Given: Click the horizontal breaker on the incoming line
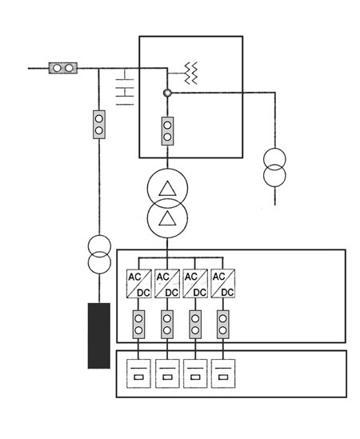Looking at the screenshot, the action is tap(63, 68).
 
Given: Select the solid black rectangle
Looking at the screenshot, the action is tap(99, 336).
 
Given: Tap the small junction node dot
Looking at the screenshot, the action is tap(167, 93).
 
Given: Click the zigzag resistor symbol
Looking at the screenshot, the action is tap(191, 74).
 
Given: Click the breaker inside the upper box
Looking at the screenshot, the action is tap(167, 131).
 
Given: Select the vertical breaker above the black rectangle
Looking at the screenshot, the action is tap(99, 124).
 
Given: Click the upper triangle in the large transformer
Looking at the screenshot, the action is tap(167, 189).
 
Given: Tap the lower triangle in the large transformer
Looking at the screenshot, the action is tap(167, 218).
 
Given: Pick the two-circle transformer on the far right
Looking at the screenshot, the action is tap(274, 167).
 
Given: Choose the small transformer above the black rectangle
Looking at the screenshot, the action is tap(99, 254).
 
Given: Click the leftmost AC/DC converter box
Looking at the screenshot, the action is tap(138, 284).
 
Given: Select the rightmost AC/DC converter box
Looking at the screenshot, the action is tap(223, 283).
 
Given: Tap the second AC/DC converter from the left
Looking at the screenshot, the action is tap(167, 284).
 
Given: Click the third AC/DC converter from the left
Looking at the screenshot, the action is tap(195, 283).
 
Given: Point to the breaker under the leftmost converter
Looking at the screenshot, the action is tap(138, 325).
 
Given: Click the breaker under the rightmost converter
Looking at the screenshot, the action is tap(223, 325).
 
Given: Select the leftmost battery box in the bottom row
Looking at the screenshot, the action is tap(138, 373).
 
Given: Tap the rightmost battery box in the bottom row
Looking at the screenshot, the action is tap(223, 373).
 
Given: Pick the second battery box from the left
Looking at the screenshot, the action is tap(167, 373).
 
